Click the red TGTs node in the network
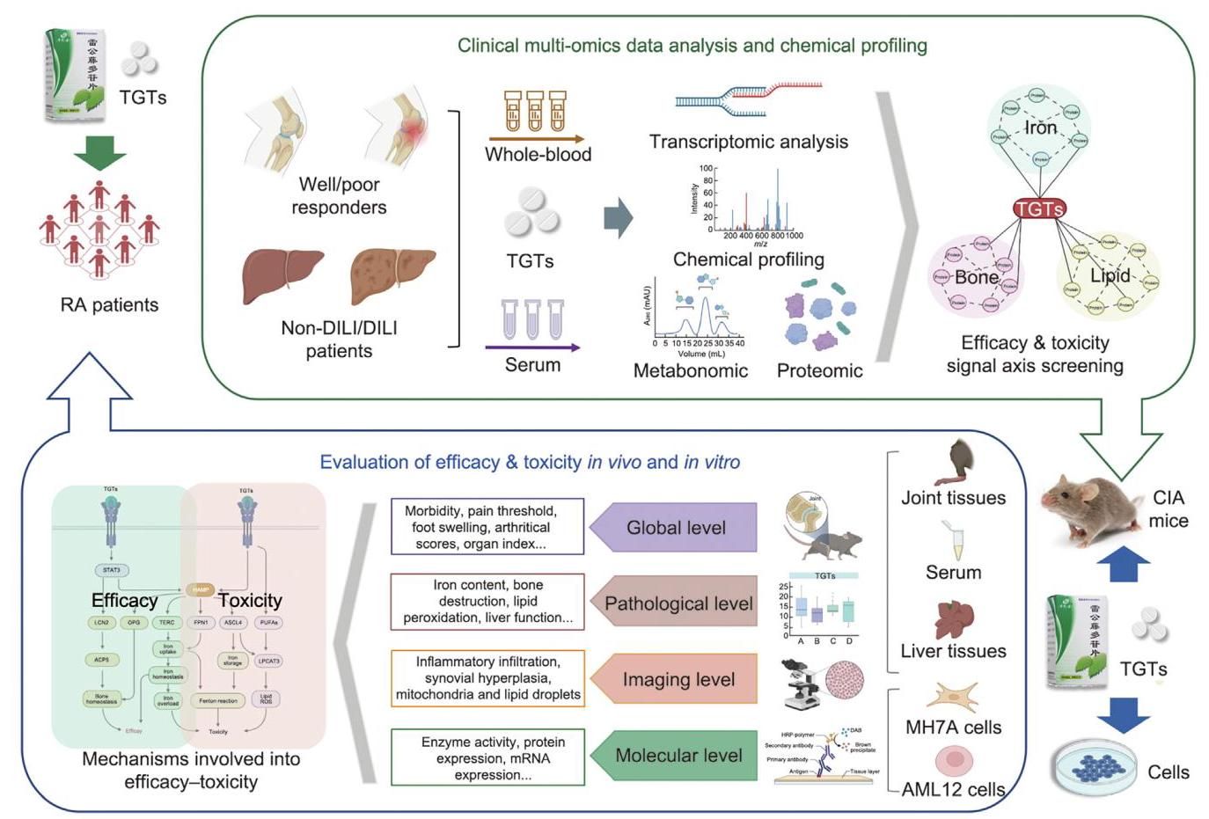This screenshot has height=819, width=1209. tap(1039, 208)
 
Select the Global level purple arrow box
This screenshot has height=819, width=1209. tap(673, 528)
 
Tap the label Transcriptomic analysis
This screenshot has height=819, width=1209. tap(748, 142)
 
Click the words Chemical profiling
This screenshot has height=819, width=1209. tap(748, 260)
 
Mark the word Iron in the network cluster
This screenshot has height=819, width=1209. tap(1040, 128)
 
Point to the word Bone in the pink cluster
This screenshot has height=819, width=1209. tap(976, 277)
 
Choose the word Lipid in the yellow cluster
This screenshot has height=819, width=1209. tap(1110, 275)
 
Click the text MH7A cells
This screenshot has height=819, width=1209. tap(953, 728)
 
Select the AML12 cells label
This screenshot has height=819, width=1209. tap(953, 789)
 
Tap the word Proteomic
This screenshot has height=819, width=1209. tap(819, 370)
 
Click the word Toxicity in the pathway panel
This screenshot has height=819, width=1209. tap(250, 600)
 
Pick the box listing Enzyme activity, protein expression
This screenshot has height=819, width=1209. tap(487, 757)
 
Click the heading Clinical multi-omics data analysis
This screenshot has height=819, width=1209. tap(692, 46)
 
